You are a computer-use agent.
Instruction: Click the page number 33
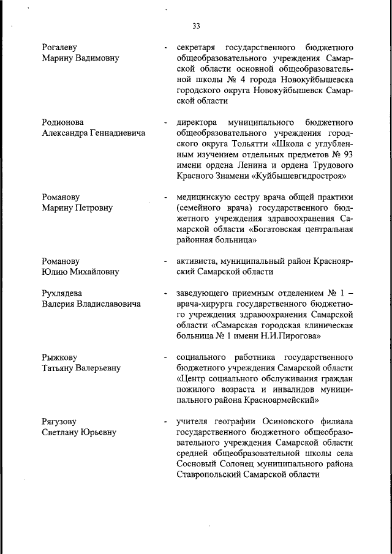[196, 26]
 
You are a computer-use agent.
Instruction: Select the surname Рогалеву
[59, 47]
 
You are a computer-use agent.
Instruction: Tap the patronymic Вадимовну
[93, 58]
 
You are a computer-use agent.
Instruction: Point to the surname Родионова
[62, 122]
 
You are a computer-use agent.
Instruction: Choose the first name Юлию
[55, 272]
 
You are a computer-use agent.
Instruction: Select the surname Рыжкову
[59, 357]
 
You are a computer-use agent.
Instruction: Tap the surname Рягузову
[61, 422]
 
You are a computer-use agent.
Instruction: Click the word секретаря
[197, 47]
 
